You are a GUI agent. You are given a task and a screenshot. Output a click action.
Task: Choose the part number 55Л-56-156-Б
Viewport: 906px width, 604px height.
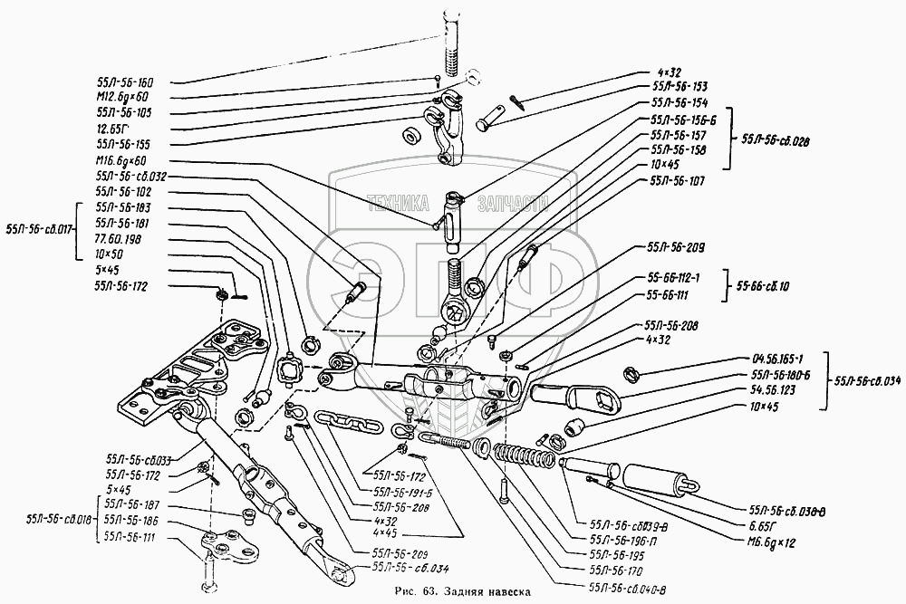(683, 119)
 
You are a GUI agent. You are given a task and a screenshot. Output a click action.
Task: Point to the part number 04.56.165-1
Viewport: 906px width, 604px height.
(782, 359)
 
